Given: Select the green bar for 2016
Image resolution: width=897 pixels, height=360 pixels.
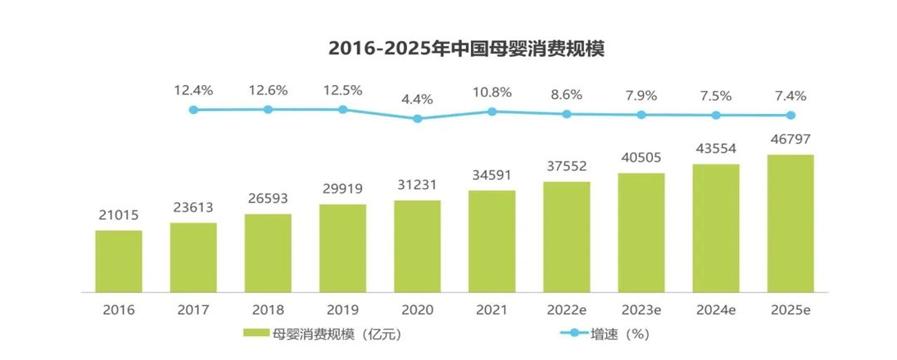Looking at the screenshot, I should [119, 262].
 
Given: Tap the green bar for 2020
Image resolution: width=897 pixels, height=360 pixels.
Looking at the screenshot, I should [417, 247].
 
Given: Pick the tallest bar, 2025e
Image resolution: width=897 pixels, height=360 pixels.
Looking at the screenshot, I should [790, 224].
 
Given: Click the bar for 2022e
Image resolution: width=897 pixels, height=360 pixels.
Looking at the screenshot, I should [566, 238].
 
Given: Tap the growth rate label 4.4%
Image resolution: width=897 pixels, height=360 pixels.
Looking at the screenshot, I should [417, 98].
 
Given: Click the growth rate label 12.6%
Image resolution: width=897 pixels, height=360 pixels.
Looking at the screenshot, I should [268, 90].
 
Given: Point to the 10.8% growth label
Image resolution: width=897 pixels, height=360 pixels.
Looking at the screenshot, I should [491, 92].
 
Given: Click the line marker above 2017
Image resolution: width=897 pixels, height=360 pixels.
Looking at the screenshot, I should [193, 109].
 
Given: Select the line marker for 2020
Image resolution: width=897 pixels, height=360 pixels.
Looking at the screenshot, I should [417, 118].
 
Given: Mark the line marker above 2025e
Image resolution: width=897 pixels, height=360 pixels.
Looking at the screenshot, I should [790, 115].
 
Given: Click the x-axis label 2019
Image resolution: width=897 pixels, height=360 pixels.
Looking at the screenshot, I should [343, 311].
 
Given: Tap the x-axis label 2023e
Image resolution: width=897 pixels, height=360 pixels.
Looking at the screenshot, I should [641, 311].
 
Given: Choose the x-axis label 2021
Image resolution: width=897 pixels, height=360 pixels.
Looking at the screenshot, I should [491, 311].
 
